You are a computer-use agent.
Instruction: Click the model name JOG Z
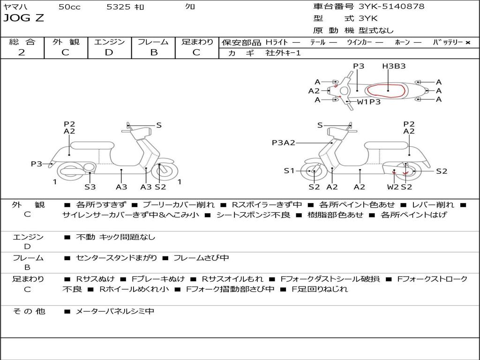24,19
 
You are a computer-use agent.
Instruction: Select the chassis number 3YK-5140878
391,7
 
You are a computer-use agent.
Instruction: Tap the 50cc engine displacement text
69,7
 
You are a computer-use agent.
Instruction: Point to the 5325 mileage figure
119,7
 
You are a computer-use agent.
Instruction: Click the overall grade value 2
22,52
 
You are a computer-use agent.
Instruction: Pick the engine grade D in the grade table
109,52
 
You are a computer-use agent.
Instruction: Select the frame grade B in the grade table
153,52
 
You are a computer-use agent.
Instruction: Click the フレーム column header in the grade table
153,42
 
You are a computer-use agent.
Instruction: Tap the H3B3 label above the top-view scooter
393,66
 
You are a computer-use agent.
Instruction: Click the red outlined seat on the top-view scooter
385,90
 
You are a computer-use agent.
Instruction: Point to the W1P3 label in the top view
369,102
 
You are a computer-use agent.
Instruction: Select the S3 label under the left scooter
90,187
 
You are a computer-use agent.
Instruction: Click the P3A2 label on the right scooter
283,143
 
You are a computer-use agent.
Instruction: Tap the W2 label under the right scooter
393,187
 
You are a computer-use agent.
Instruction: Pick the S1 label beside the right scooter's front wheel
289,171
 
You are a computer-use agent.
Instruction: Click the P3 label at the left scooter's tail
37,164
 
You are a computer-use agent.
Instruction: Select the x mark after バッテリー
467,43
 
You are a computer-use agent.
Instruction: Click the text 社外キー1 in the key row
283,53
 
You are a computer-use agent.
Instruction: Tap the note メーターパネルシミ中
115,311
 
